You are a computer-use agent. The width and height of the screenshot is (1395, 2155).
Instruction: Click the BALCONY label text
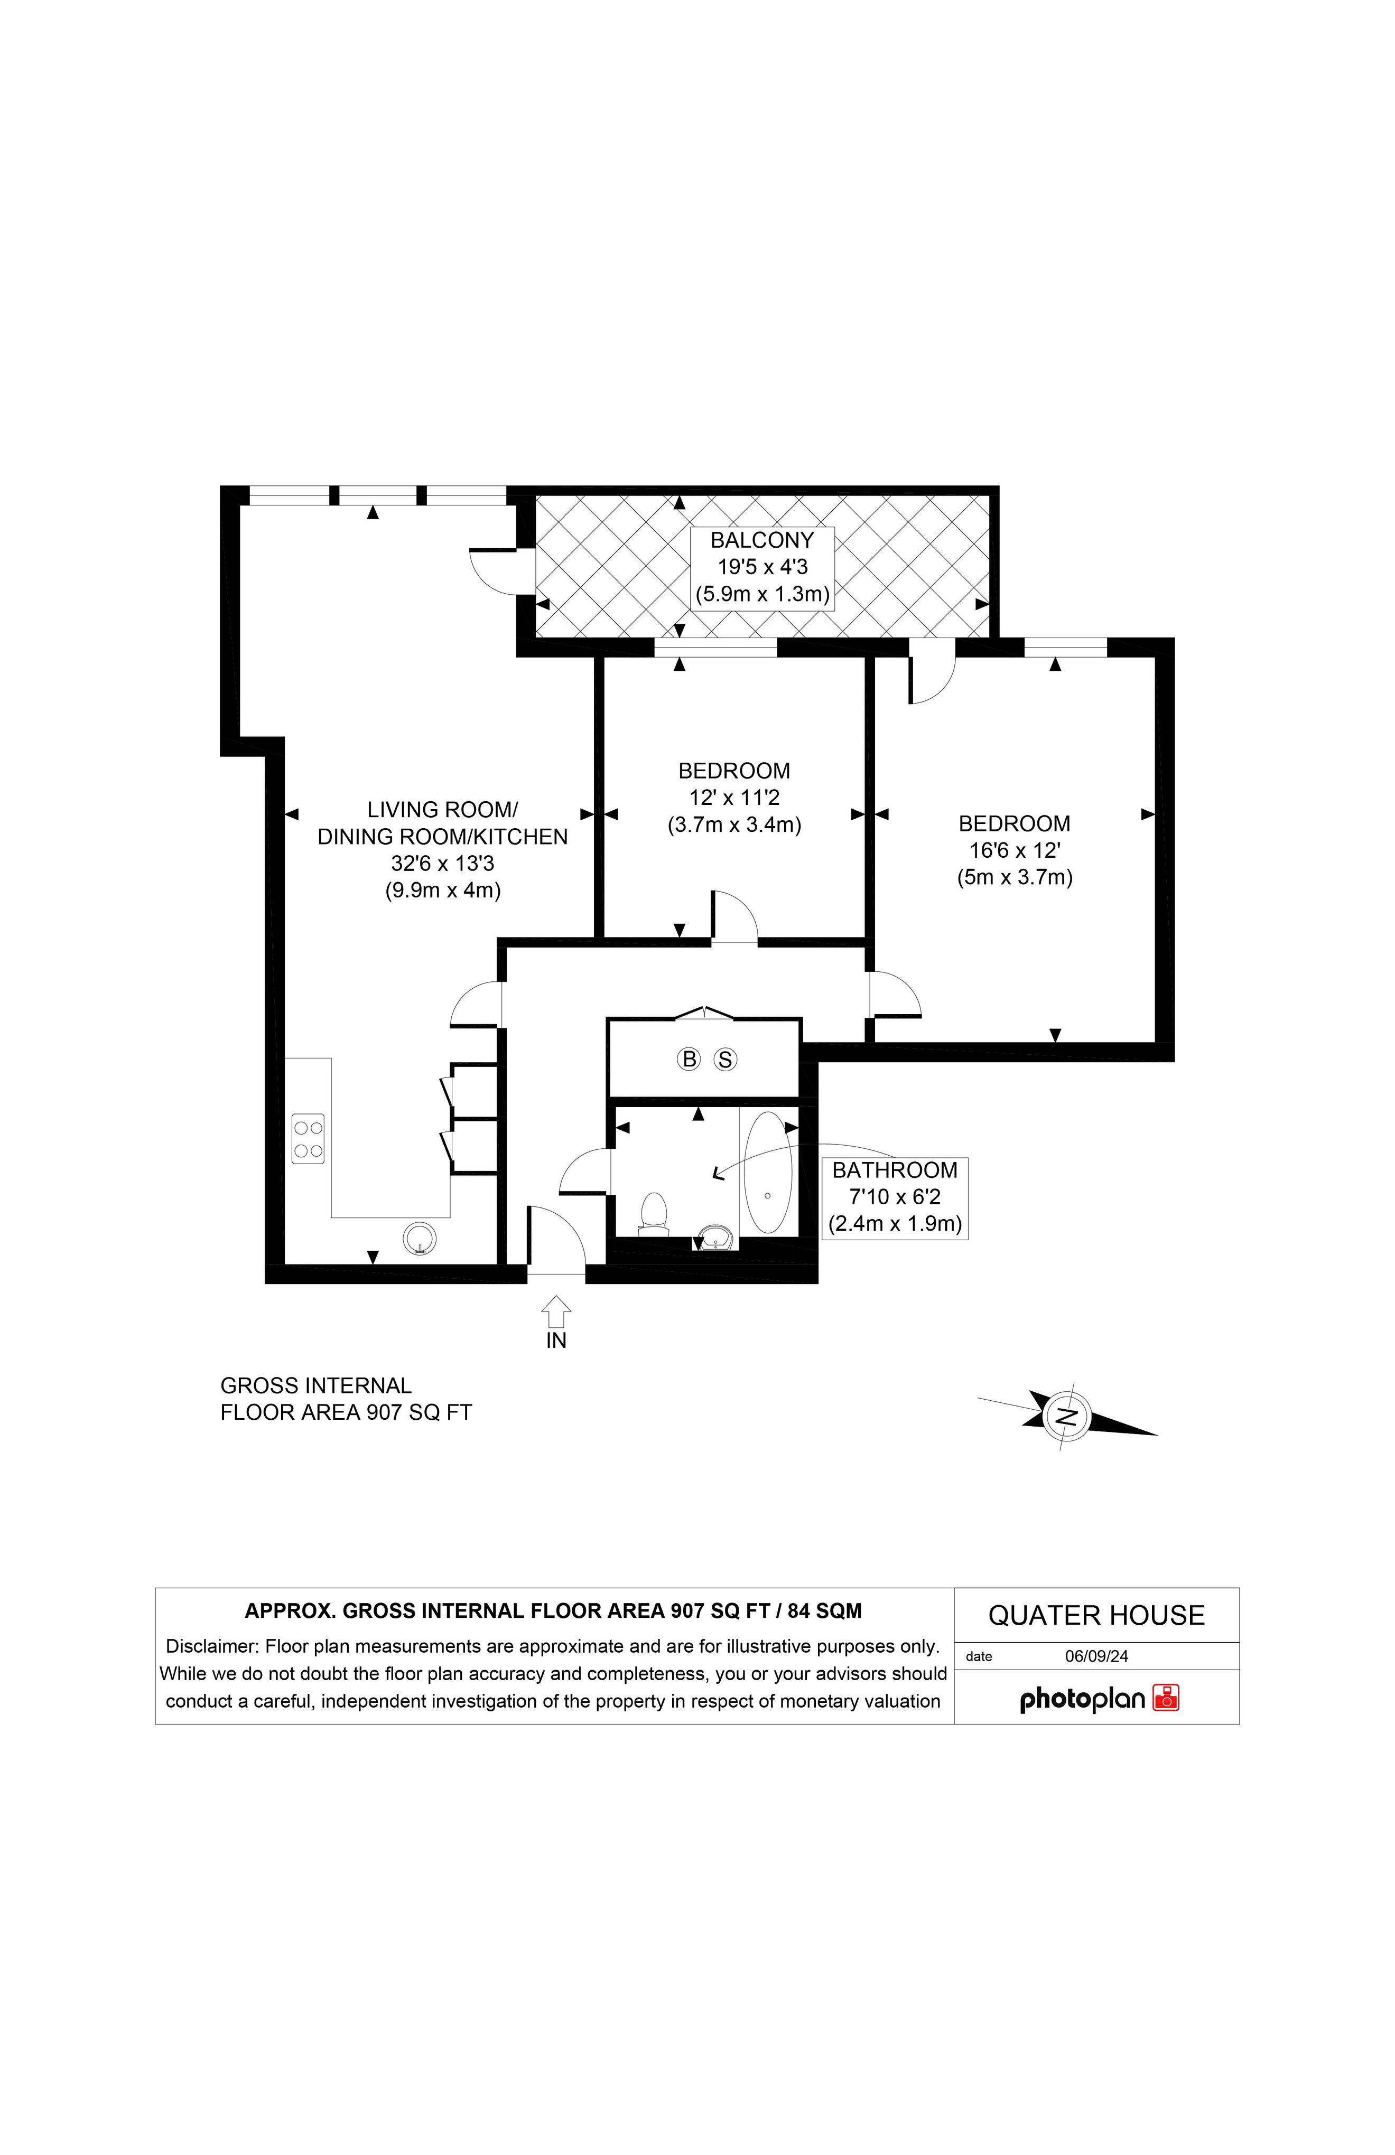click(x=762, y=540)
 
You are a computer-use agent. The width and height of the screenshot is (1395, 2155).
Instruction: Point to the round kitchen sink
click(x=420, y=1239)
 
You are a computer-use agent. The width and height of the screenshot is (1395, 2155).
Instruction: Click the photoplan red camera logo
click(x=1166, y=1698)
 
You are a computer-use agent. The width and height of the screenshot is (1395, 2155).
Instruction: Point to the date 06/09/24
click(x=1096, y=1656)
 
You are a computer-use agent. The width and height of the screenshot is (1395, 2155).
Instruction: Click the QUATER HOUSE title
click(x=1096, y=1615)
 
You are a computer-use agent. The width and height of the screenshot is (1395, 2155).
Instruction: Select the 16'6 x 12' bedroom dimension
click(x=1015, y=850)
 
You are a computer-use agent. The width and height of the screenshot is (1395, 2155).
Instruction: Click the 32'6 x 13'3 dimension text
click(x=443, y=863)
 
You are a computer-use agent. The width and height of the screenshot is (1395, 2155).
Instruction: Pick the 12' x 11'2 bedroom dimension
click(x=734, y=798)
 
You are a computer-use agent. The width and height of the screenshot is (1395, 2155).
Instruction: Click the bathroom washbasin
click(x=715, y=1237)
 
